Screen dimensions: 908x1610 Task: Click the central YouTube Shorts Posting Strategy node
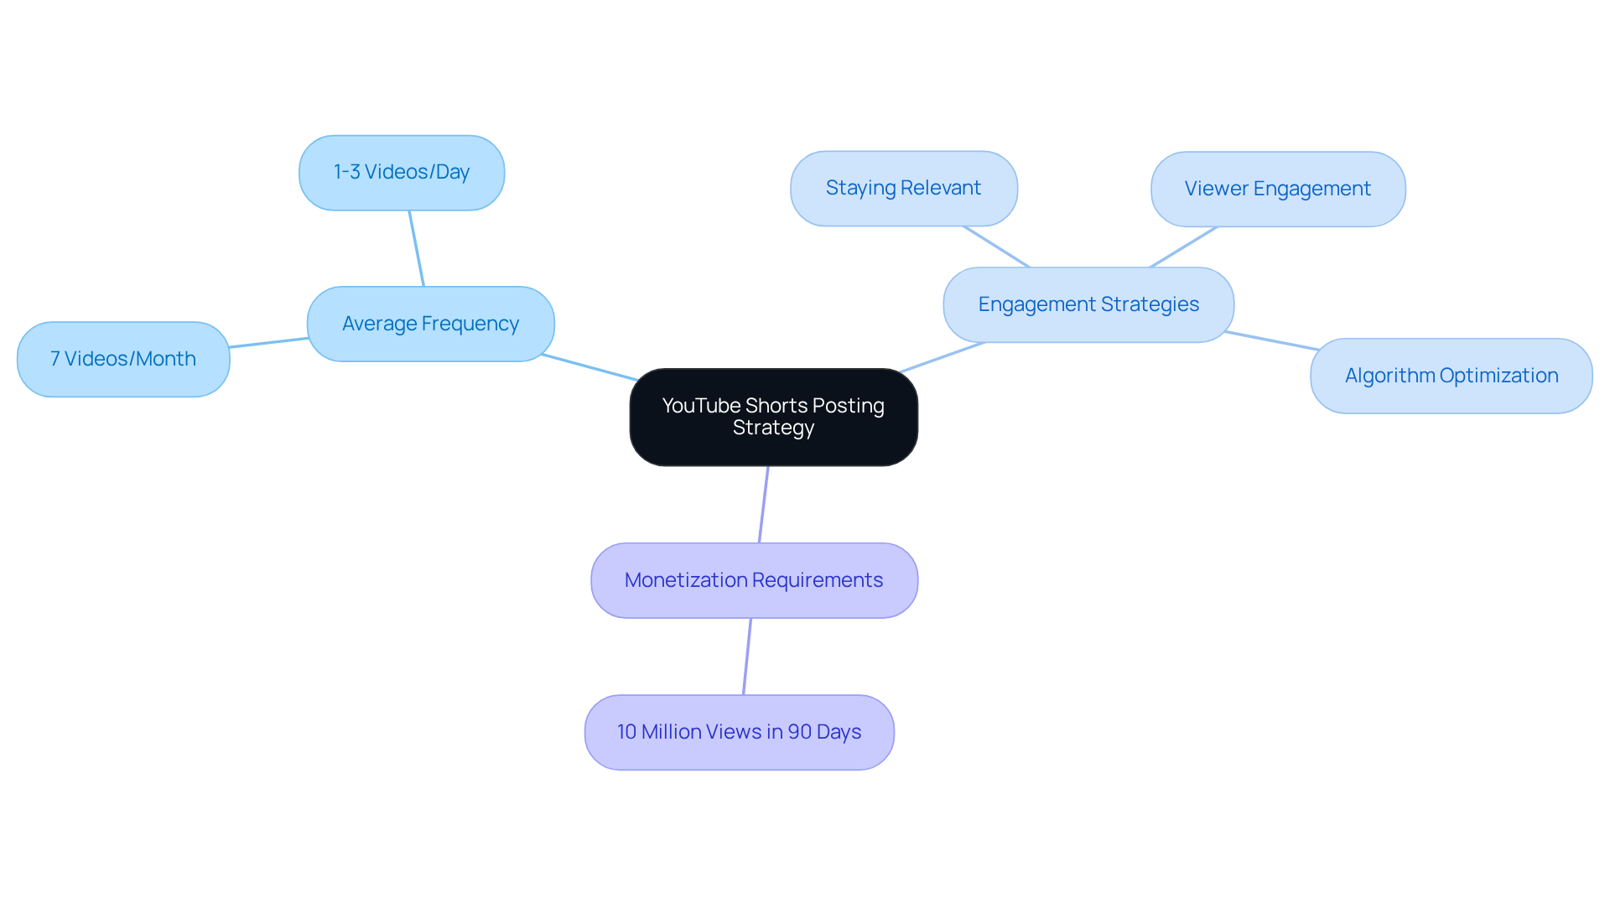(x=773, y=417)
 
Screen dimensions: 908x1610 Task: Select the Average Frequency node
(x=430, y=324)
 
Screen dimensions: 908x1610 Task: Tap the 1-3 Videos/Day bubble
(x=401, y=172)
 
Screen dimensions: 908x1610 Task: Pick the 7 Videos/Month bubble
(x=123, y=359)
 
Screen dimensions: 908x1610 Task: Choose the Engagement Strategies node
(x=1088, y=304)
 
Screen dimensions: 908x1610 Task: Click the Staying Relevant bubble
(x=903, y=188)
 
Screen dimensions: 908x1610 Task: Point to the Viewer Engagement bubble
(x=1277, y=189)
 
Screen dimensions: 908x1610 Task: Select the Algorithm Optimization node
(x=1451, y=376)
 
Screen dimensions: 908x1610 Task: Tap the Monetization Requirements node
(x=754, y=580)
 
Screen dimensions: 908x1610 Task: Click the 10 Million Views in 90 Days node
(x=739, y=732)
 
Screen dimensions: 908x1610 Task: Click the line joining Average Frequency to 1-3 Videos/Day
(x=416, y=248)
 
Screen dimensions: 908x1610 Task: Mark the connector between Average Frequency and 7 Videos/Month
(x=268, y=343)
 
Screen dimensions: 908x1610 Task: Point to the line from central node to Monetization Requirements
(x=763, y=505)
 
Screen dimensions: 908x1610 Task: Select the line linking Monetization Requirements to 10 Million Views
(x=746, y=656)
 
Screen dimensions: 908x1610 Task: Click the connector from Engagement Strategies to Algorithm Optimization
(x=1271, y=341)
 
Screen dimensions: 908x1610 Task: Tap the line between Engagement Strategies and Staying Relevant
(x=996, y=246)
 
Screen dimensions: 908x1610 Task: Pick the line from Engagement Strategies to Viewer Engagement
(x=1183, y=247)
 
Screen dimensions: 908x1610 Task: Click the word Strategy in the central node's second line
(x=773, y=428)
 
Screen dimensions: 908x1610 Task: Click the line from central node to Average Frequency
(x=589, y=367)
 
